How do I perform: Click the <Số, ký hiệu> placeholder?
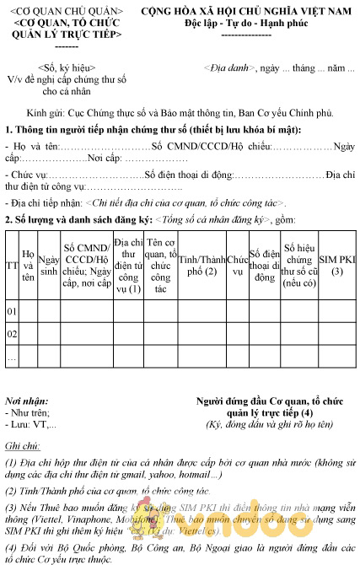(x=67, y=67)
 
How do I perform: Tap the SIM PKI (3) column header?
(x=337, y=266)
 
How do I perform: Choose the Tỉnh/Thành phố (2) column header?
(x=201, y=266)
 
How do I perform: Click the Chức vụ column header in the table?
(x=238, y=266)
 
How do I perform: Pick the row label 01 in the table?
(x=12, y=312)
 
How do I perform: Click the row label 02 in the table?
(x=12, y=335)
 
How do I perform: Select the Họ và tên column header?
(x=29, y=266)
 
